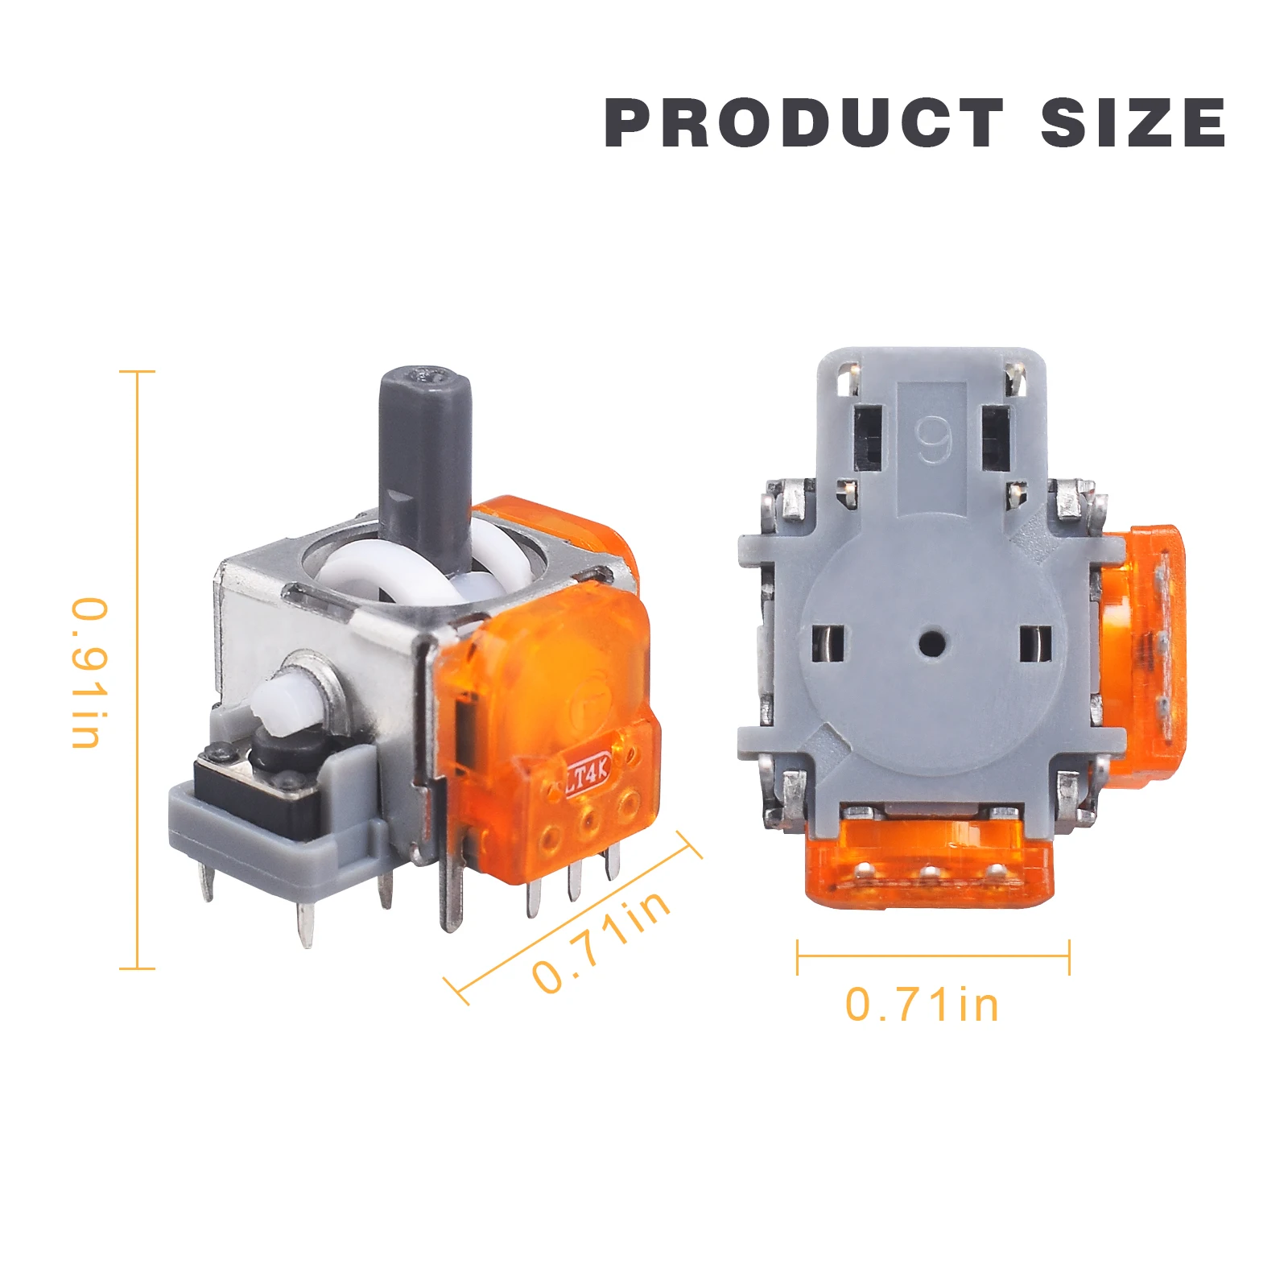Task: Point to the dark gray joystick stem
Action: (425, 459)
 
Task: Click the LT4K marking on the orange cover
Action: (587, 776)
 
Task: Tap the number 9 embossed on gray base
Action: (934, 440)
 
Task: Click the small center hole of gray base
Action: (932, 643)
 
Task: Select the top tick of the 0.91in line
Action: (137, 372)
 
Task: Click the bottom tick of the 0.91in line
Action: (137, 968)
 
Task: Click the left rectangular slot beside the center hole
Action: (828, 643)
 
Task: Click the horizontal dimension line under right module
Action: (932, 956)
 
